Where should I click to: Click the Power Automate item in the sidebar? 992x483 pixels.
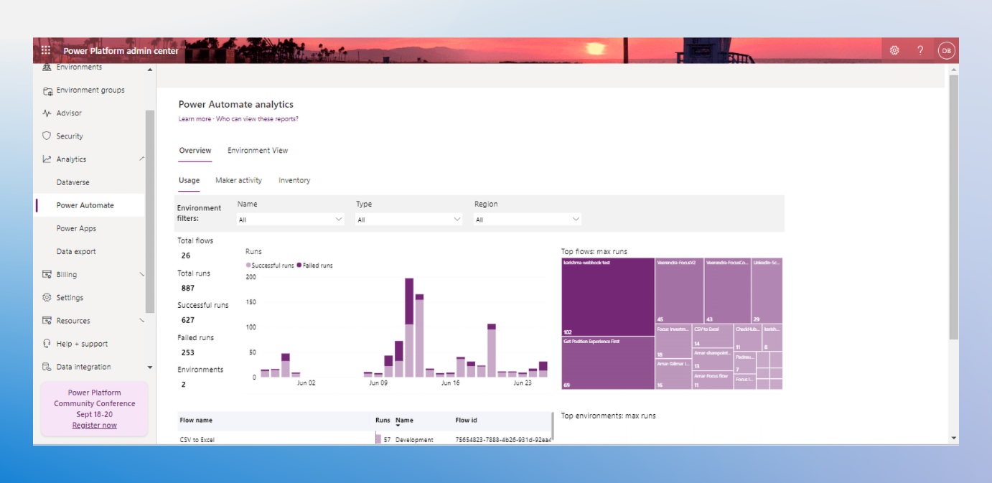click(x=85, y=205)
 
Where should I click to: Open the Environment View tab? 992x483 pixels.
click(x=258, y=151)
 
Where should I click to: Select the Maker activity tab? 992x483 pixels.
click(x=238, y=180)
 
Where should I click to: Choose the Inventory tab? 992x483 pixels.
click(x=294, y=180)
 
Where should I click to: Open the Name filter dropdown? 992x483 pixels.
click(x=291, y=220)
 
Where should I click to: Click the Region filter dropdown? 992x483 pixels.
click(x=528, y=220)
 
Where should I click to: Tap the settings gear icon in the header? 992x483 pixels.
click(x=894, y=50)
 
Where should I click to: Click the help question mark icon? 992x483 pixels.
click(x=920, y=50)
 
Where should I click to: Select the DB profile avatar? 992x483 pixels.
click(x=946, y=50)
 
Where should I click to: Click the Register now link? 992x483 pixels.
click(x=94, y=426)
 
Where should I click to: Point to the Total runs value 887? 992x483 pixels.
click(x=188, y=288)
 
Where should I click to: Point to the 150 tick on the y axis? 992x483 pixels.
click(x=251, y=302)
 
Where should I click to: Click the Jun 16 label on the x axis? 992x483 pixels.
click(x=450, y=383)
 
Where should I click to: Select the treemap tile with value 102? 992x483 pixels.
click(x=608, y=296)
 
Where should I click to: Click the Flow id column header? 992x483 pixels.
click(x=467, y=421)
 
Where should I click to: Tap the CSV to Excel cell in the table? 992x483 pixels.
click(x=197, y=439)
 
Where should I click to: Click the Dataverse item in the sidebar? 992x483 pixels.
click(x=73, y=182)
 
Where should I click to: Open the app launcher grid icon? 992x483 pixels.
click(x=46, y=50)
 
